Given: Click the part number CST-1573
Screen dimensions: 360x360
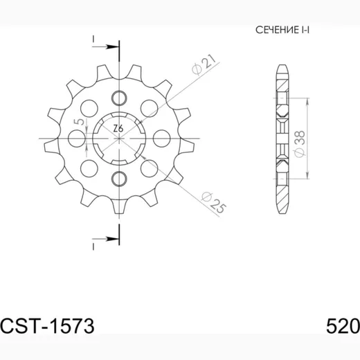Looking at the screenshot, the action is point(47,326).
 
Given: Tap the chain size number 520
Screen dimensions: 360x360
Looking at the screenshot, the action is point(343,326).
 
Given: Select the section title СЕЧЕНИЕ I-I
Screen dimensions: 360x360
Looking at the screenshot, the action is point(282,30).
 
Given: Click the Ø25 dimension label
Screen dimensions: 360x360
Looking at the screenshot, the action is point(213,202).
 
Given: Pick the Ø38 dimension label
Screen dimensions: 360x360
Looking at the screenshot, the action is point(299,144).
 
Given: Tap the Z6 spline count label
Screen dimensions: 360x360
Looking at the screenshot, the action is point(118,129).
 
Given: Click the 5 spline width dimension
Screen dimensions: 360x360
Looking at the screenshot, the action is point(80,122).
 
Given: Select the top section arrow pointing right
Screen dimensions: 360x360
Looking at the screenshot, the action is point(106,47).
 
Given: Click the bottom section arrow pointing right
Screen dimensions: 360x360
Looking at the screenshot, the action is point(106,239).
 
